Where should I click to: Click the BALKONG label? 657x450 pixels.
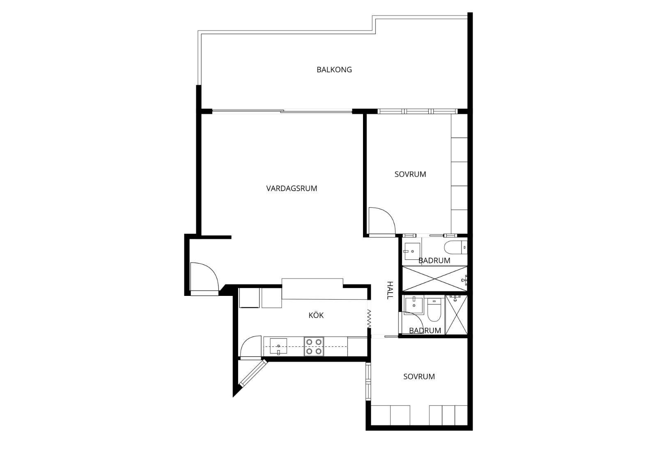(x=334, y=69)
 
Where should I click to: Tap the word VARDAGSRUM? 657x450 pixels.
(x=292, y=189)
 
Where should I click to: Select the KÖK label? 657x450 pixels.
(x=316, y=315)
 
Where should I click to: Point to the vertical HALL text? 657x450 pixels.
(x=390, y=290)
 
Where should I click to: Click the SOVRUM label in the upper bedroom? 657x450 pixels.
(x=410, y=174)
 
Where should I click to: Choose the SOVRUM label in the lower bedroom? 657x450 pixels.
(x=419, y=376)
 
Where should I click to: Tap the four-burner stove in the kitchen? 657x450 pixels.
(x=314, y=346)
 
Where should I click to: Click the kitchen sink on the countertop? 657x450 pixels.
(x=278, y=346)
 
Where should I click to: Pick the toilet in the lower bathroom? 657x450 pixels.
(x=434, y=310)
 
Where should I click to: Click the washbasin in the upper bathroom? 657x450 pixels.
(x=412, y=251)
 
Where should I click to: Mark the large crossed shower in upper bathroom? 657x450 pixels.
(x=434, y=279)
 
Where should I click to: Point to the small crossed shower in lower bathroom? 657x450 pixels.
(x=456, y=315)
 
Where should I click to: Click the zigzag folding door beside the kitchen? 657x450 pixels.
(x=369, y=319)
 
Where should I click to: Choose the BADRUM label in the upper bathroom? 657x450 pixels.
(x=434, y=261)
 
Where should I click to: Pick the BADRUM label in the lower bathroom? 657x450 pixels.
(x=425, y=330)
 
